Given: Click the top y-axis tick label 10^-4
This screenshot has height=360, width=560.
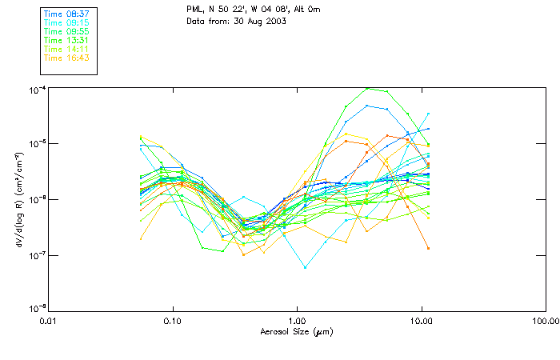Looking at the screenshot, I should (36, 89).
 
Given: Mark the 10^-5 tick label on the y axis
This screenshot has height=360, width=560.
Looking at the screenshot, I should (36, 144).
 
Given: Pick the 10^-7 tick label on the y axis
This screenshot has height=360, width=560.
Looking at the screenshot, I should (36, 255).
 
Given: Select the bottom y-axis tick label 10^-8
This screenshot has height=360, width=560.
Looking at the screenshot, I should (36, 308).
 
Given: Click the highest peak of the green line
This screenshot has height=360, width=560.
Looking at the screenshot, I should (366, 88).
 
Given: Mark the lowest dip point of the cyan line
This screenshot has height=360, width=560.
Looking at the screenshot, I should (305, 267).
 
